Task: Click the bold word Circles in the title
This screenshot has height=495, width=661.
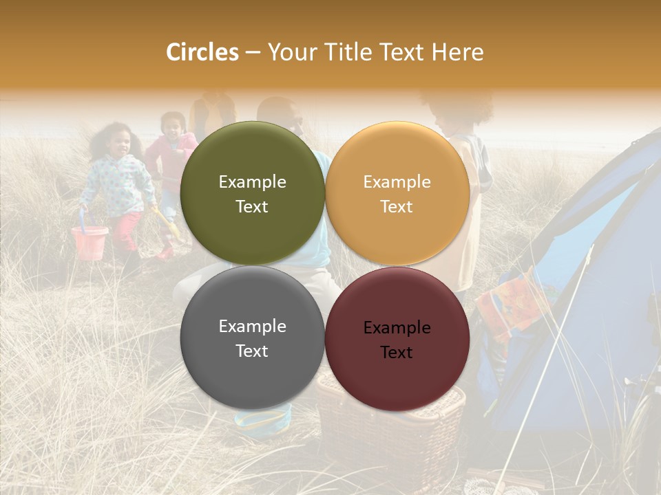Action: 202,52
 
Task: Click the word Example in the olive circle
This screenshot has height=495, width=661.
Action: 252,182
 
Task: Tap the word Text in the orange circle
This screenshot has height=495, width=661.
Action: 397,207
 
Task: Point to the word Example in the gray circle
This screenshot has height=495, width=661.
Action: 252,327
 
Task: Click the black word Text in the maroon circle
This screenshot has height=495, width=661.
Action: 397,353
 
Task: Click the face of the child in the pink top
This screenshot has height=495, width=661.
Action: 172,125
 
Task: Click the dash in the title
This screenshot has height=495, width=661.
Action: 253,52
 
